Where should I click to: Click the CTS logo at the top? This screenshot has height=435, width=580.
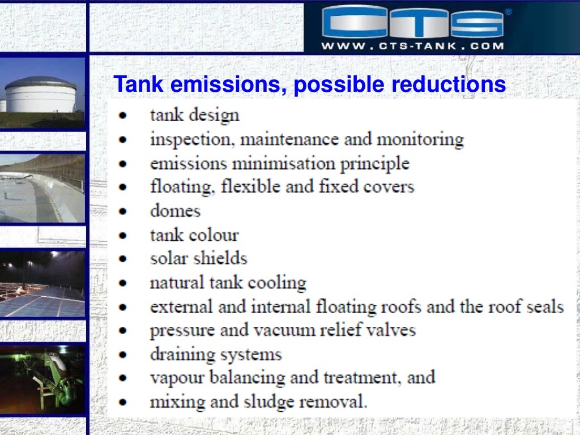click(412, 23)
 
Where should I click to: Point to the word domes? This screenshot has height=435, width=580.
click(175, 211)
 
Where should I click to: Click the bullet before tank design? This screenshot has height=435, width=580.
click(122, 116)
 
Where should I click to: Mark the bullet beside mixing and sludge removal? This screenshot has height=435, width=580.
click(122, 402)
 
